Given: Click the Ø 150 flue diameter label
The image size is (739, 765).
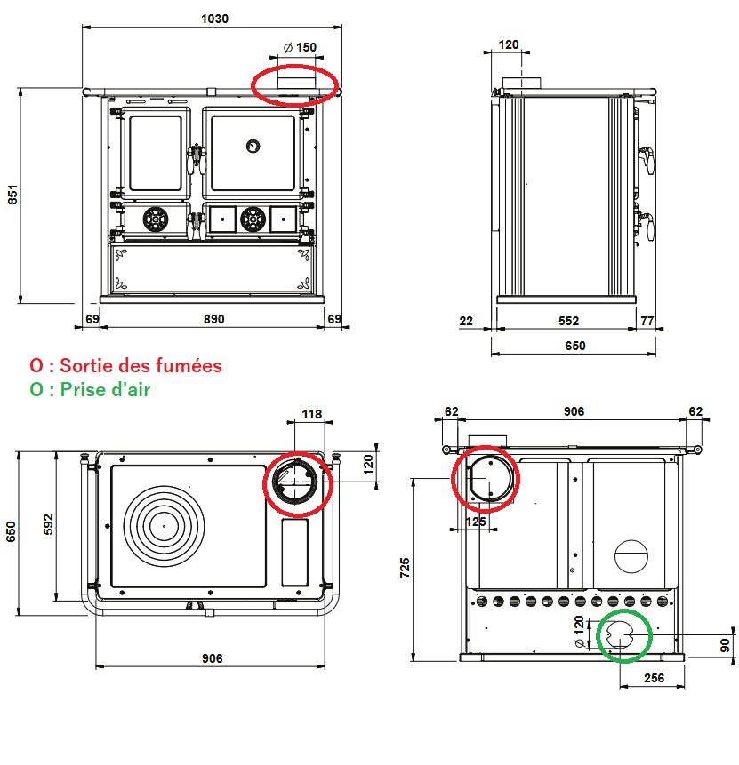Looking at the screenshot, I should [299, 48].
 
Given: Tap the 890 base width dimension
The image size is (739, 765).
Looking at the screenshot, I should [213, 318].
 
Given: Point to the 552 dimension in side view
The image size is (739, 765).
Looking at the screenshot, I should [568, 321].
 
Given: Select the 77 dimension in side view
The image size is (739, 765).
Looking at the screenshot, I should [647, 321].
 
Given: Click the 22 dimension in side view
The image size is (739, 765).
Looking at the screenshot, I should [466, 321].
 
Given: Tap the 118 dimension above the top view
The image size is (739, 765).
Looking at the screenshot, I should [311, 415].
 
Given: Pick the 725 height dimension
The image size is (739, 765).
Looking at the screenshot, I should [406, 567].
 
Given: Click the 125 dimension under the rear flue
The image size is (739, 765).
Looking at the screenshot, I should [477, 522].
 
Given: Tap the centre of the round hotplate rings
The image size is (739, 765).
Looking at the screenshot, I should [165, 524].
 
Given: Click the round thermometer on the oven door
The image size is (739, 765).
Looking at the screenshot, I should [253, 145].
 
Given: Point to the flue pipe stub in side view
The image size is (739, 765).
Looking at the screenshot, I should [521, 84].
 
